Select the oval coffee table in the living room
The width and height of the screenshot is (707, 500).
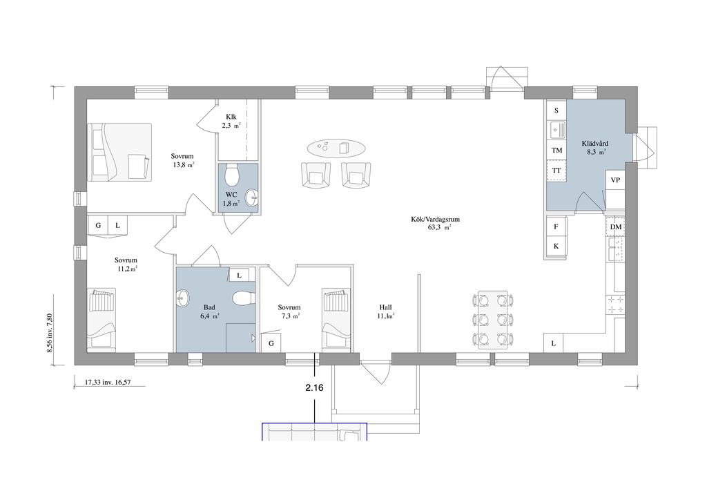coord(336,147)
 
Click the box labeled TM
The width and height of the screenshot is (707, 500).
coord(556,150)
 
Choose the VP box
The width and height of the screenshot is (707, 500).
coord(615,180)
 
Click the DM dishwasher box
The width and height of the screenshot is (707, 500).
coord(615,227)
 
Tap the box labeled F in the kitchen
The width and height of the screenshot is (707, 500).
coord(556,227)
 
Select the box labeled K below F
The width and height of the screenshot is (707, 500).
coord(556,247)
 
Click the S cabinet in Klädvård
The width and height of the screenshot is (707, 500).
coord(556,110)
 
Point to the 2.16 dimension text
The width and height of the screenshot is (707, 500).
coord(315,388)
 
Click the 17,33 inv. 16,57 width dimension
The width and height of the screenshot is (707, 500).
coord(108,381)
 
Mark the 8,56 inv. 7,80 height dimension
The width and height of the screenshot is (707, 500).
coord(50,333)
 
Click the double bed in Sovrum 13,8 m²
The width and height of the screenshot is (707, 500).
coord(119,153)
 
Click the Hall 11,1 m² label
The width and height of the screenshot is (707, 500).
coord(385,311)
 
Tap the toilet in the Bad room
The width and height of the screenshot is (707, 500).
coord(242,298)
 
